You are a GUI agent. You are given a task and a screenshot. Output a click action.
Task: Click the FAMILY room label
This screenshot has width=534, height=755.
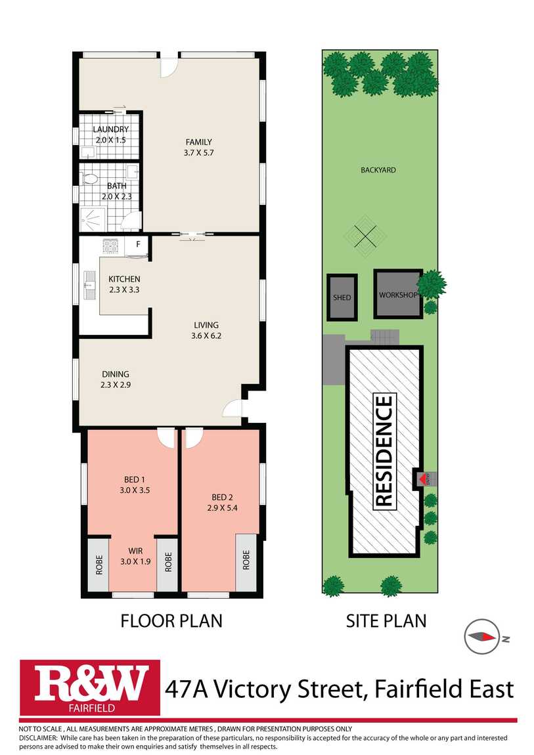click(199, 142)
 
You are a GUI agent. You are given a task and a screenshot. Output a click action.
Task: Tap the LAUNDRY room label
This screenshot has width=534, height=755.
click(111, 129)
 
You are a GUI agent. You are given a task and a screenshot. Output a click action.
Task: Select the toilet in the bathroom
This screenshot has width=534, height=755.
click(89, 179)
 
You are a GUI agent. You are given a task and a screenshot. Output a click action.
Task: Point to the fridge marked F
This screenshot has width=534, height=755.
click(138, 247)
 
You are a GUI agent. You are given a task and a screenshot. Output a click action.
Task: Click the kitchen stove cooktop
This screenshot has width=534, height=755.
click(111, 246)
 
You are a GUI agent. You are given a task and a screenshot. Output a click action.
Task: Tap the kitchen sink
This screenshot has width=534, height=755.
click(89, 285)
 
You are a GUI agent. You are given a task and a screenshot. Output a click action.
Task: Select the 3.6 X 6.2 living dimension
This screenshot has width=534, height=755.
click(206, 335)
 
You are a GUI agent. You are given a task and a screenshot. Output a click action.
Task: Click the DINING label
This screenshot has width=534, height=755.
click(116, 374)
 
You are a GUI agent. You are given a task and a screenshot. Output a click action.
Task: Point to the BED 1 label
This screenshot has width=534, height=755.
click(135, 479)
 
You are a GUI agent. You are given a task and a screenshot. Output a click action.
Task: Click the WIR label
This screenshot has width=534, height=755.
click(135, 551)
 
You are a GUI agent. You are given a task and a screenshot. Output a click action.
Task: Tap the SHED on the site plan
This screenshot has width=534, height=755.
click(342, 297)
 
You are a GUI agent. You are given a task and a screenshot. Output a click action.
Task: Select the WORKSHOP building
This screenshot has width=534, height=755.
click(398, 293)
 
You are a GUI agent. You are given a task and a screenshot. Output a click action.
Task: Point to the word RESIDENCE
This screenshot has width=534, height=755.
click(384, 451)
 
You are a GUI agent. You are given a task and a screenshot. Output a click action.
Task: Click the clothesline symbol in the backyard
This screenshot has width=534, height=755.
click(365, 236)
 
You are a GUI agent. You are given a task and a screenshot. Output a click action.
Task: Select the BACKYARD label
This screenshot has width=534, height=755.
click(378, 170)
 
